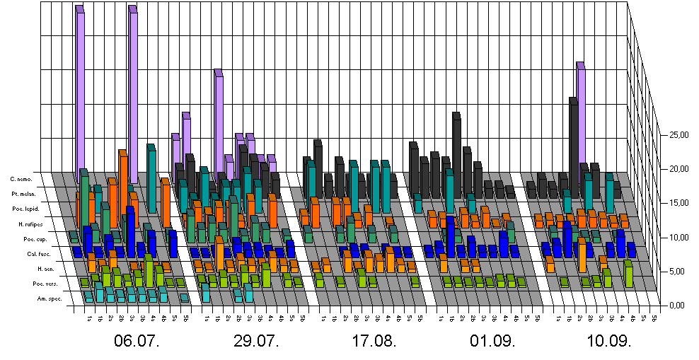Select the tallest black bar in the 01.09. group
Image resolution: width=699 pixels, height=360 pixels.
(x=457, y=152)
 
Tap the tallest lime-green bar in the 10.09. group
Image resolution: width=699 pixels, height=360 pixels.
(x=628, y=274)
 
